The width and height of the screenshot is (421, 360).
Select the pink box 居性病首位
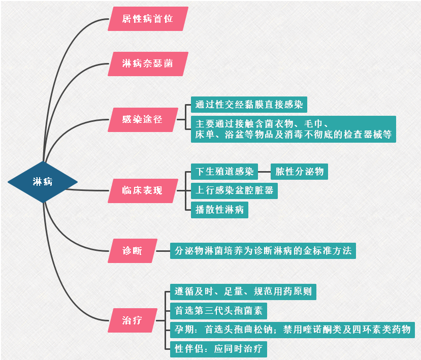pos(148,19)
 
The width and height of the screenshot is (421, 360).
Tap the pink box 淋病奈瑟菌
pos(148,64)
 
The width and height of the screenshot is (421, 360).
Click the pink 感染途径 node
pos(143,120)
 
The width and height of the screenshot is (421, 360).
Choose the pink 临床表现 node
pos(143,191)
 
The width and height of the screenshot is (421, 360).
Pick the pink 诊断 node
pos(133,251)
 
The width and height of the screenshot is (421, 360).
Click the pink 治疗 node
pos(133,321)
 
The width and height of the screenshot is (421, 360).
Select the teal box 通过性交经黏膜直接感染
pos(249,105)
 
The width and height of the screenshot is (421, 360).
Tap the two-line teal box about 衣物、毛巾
pos(293,129)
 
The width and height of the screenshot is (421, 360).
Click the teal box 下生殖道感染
pos(224,171)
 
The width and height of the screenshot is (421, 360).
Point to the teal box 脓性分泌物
pos(299,171)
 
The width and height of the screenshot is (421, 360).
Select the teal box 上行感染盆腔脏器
pos(234,190)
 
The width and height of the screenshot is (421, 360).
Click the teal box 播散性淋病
pos(219,210)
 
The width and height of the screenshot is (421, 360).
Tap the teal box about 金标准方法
pos(263,251)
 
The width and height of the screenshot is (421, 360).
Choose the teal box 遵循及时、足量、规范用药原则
pos(243,292)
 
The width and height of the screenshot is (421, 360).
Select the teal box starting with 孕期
pos(292,330)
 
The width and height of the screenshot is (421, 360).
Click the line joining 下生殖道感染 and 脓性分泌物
pos(265,171)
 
